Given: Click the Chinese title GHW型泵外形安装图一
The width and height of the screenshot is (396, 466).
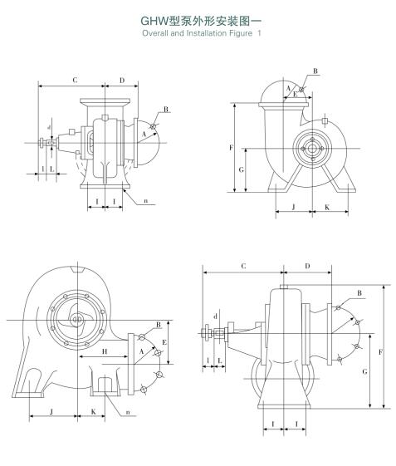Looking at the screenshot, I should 198,22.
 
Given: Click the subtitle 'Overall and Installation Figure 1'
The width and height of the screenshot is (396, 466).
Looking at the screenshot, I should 198,34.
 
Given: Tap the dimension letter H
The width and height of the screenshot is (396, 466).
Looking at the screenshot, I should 105,352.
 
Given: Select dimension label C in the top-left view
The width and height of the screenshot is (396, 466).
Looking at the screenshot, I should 75,81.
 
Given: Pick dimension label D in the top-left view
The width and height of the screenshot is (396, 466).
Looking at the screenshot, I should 122,81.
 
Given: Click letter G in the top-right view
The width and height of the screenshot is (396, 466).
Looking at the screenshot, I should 241,169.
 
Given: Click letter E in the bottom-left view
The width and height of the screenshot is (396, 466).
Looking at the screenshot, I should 164,341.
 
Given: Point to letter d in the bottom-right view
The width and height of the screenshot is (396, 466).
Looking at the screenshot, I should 215,316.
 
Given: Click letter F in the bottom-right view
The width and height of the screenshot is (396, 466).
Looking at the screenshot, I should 380,352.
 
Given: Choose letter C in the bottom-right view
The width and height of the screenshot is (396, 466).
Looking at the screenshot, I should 242,267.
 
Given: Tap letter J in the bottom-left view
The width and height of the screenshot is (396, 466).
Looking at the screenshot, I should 52,410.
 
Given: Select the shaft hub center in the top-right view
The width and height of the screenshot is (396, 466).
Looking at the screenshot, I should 314,150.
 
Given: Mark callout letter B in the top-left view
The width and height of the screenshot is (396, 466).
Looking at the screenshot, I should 166,110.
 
